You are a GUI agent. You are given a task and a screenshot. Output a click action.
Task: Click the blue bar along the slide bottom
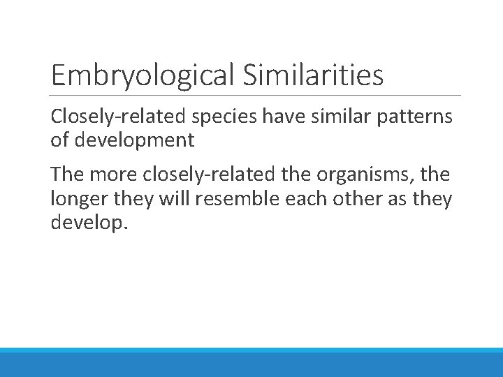[x=251, y=362]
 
